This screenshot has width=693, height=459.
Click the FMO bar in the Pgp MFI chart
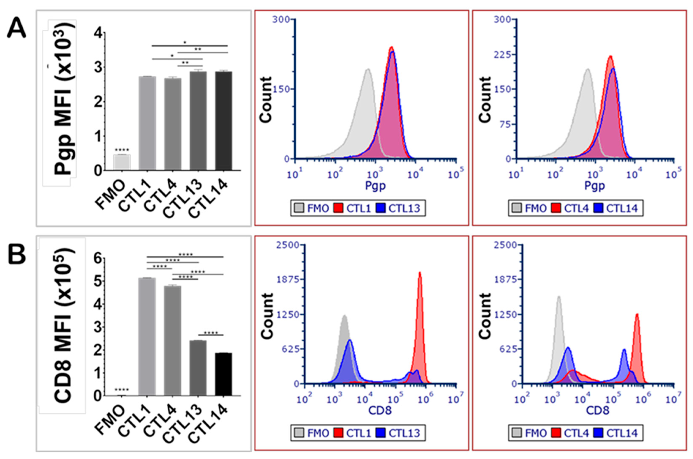tap(122, 162)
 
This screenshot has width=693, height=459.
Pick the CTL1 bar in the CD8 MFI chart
tap(147, 337)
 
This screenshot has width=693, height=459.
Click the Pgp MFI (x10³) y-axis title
tap(64, 100)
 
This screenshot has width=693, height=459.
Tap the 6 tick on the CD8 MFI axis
tap(97, 259)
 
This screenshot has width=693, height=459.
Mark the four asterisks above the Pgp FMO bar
tap(122, 150)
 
